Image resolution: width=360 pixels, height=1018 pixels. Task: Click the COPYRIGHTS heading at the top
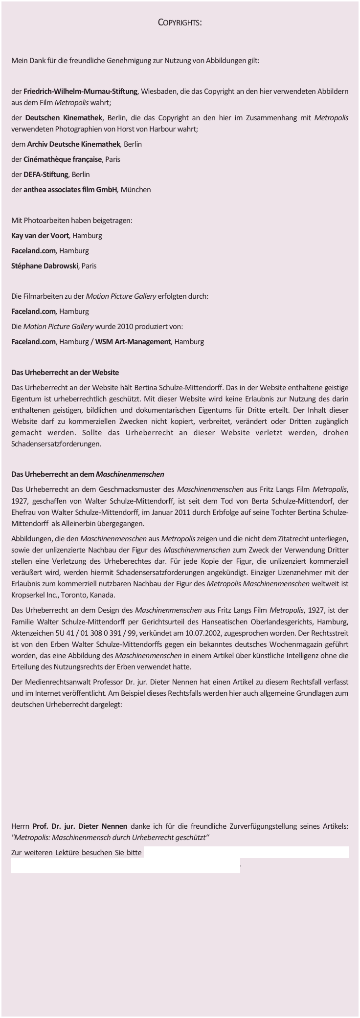[180, 23]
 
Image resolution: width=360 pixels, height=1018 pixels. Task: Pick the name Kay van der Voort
[41, 236]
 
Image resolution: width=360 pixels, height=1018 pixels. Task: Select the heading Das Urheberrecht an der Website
[65, 373]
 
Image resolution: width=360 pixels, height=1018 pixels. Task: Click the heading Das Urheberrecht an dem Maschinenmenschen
[88, 474]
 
